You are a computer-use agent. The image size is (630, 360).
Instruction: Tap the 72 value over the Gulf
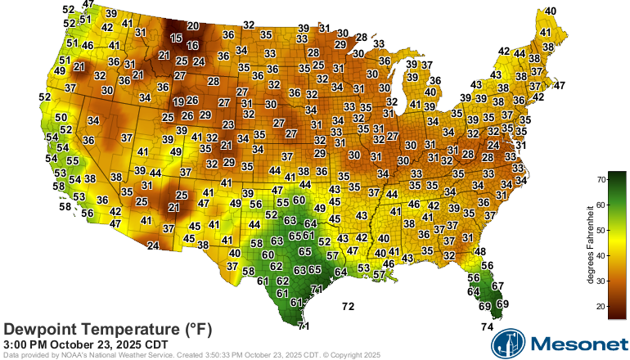(x=348, y=307)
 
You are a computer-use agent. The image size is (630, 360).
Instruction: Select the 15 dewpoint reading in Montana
(x=176, y=38)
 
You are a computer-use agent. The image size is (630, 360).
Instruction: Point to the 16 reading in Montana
(x=192, y=45)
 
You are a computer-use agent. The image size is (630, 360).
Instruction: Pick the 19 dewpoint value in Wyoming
(x=178, y=101)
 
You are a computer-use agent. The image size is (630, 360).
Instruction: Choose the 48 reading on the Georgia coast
(x=480, y=251)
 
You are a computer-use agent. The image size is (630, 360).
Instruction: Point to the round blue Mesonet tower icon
(x=506, y=343)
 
